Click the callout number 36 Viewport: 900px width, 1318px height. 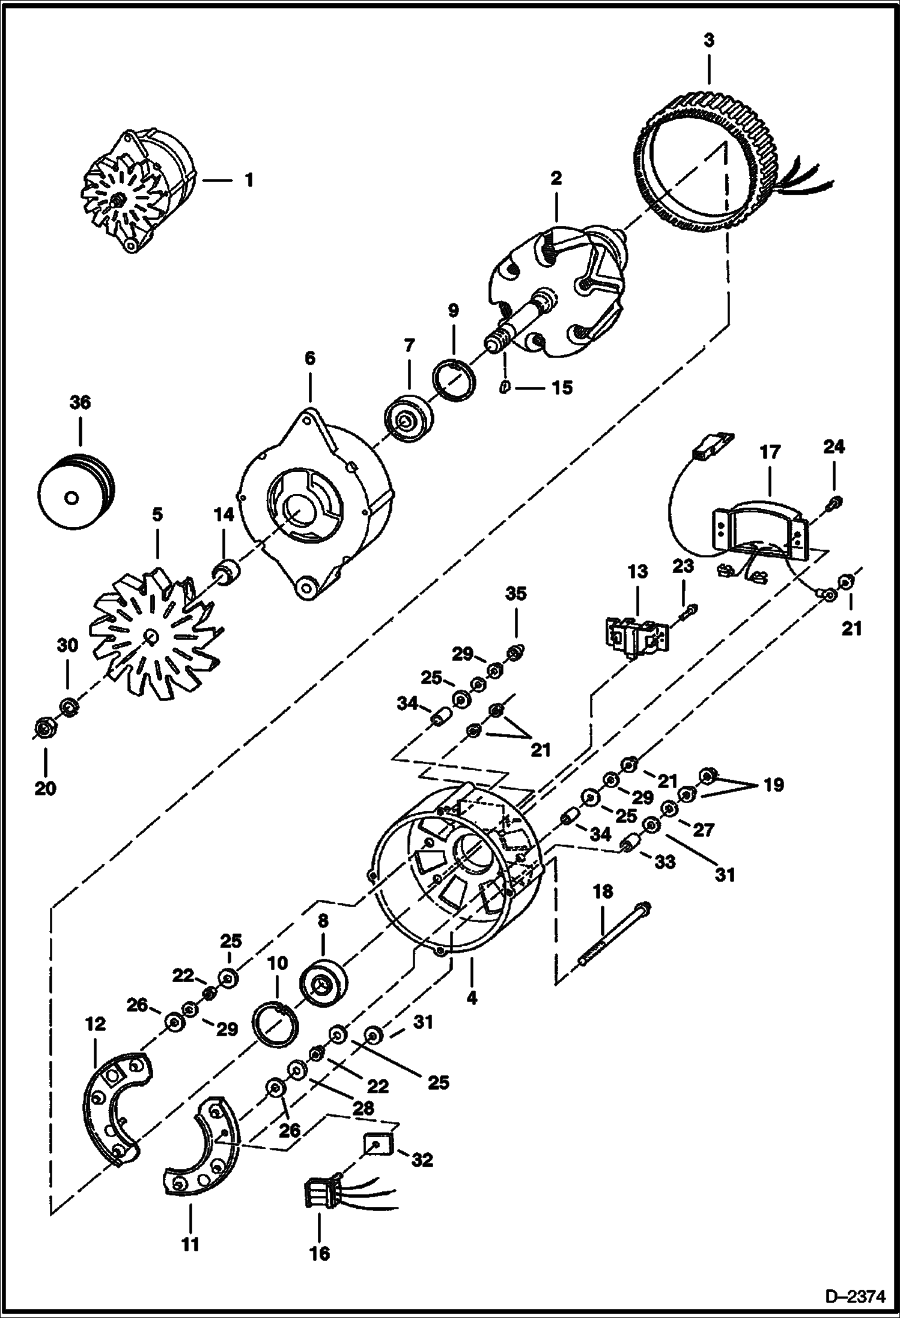tap(80, 402)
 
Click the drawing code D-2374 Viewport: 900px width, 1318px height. tap(855, 1296)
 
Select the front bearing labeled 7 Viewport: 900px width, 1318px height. tap(409, 419)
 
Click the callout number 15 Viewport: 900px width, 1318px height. tap(562, 388)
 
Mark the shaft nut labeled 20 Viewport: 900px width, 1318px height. tap(43, 729)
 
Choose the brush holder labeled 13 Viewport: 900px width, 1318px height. tap(635, 636)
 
